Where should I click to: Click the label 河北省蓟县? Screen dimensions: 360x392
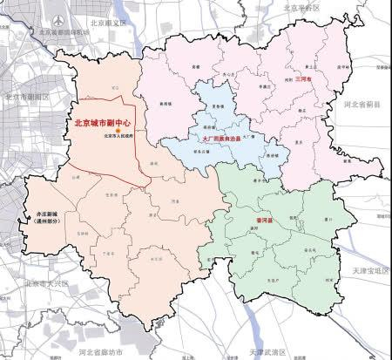point(364,105)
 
